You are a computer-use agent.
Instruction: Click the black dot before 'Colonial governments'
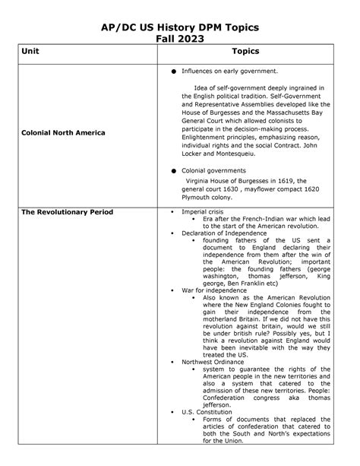(x=174, y=171)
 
